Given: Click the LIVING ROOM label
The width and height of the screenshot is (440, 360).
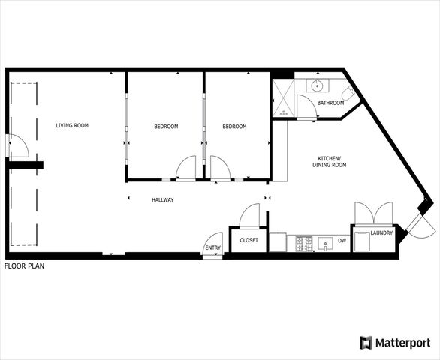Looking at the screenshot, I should (x=72, y=125).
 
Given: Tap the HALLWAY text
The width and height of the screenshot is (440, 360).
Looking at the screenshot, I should (x=163, y=200).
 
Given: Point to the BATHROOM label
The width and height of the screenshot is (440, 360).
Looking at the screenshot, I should (x=330, y=103).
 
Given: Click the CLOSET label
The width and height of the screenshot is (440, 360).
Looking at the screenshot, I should (x=249, y=241).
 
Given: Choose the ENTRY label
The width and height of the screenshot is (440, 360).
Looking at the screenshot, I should (x=213, y=248).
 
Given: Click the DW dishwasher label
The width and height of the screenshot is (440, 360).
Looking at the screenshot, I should (x=342, y=241).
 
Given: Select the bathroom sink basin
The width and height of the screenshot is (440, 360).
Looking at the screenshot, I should (x=318, y=86).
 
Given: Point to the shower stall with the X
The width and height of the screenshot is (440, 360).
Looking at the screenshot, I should (x=283, y=99).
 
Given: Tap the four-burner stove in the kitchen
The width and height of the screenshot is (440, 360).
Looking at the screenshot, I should (x=306, y=243).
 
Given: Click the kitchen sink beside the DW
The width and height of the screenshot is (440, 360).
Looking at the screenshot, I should (x=324, y=242).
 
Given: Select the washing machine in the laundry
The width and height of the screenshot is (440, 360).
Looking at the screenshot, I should (x=362, y=241).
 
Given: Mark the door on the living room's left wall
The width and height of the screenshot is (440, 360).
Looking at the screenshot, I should (x=17, y=145).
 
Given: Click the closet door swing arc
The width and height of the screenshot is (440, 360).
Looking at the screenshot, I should (x=250, y=216).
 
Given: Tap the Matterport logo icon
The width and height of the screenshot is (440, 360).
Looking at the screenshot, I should (x=366, y=343).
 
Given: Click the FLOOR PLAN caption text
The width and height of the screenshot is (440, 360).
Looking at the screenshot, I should (x=24, y=266).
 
